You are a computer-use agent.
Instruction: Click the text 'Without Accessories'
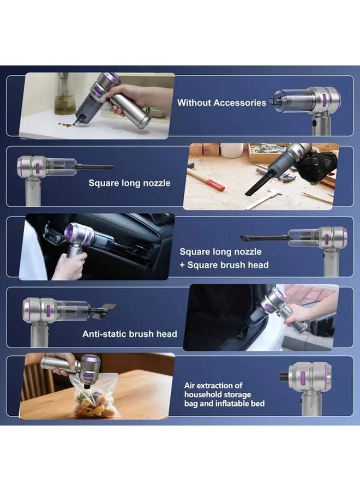click(221, 103)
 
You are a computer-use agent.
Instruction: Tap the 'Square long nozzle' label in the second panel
click(129, 183)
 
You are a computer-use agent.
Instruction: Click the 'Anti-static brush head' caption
click(129, 334)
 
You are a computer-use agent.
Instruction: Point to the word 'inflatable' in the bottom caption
click(247, 403)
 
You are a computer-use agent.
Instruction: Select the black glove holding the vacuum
click(322, 164)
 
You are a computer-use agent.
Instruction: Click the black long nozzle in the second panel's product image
click(95, 167)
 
